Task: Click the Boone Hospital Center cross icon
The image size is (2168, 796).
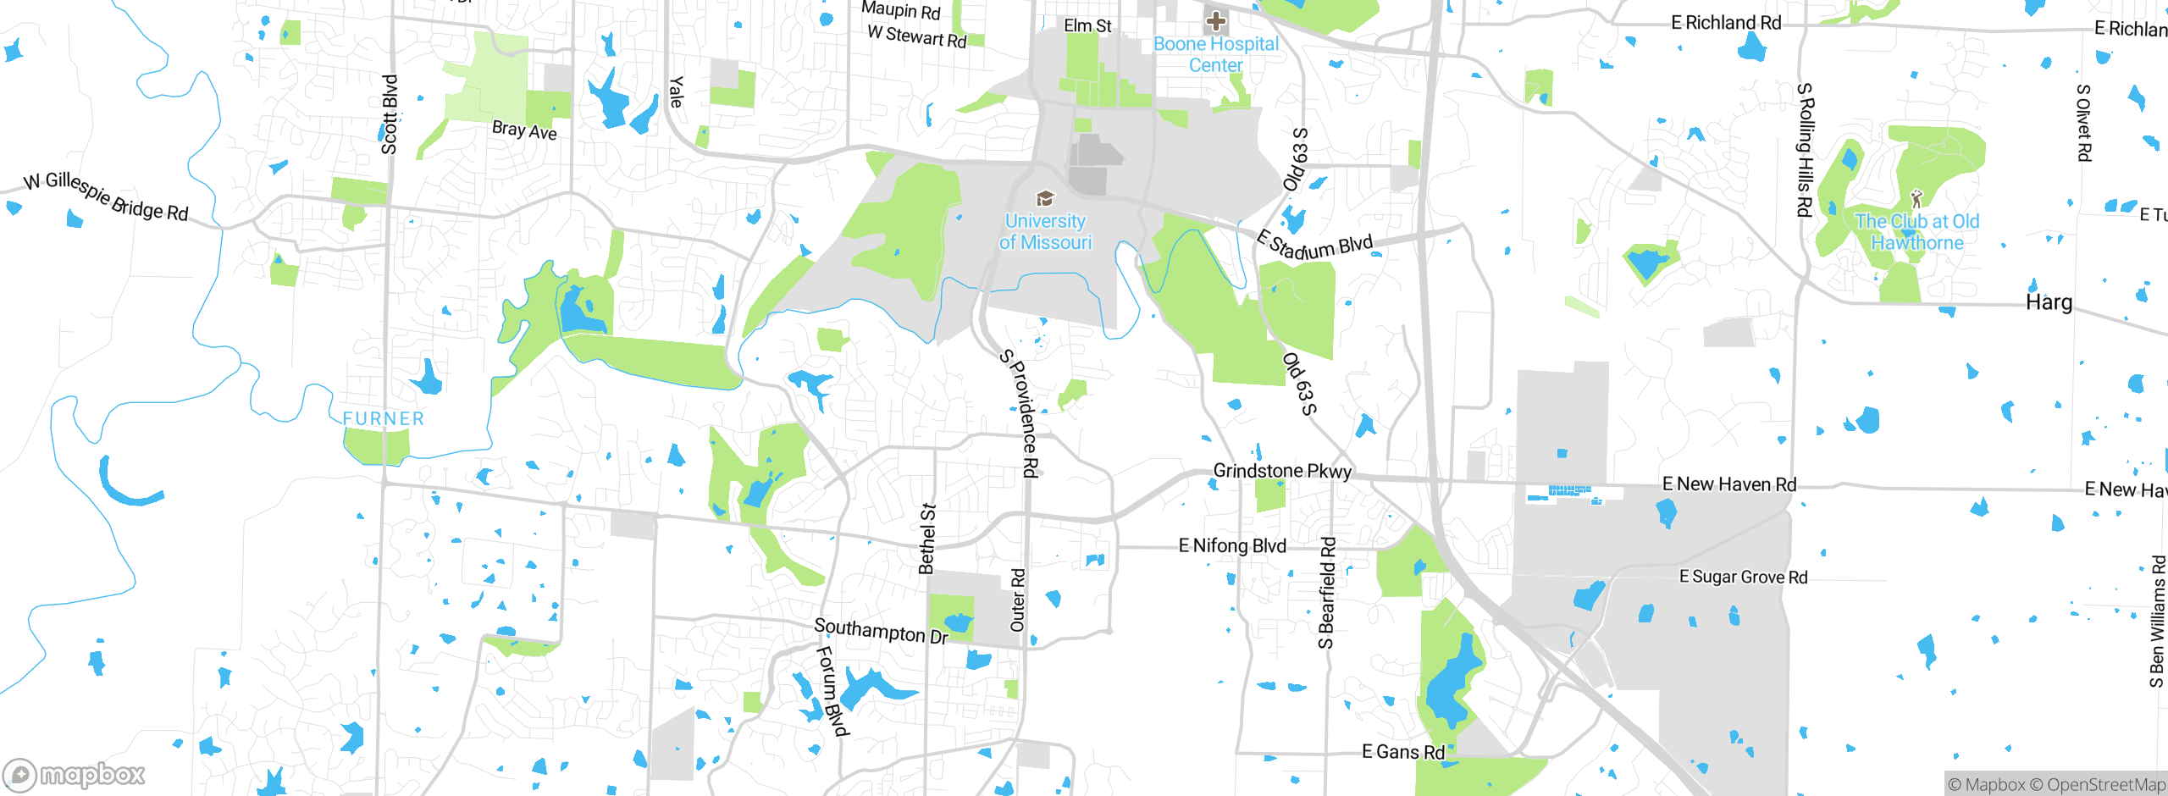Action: (1216, 20)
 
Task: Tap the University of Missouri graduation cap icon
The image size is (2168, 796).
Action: (1045, 198)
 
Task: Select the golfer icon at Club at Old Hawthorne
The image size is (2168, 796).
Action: (1916, 198)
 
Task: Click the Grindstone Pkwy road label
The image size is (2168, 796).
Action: (1282, 471)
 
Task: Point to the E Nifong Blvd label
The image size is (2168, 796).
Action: (1232, 546)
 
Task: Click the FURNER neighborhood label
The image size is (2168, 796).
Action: (384, 418)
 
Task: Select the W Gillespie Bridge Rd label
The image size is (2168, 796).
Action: (106, 196)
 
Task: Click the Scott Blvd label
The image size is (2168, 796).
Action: (390, 114)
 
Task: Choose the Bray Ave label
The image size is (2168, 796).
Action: (524, 130)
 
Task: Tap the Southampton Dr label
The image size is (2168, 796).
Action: (881, 631)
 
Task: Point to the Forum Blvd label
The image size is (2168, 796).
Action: (832, 690)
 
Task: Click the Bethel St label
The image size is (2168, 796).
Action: (927, 539)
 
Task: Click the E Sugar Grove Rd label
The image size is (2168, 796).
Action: (1743, 577)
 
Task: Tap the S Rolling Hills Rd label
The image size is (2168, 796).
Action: (1805, 150)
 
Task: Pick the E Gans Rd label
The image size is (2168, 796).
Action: (1402, 752)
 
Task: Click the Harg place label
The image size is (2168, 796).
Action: (2049, 302)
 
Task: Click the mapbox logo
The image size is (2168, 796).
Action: (75, 774)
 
